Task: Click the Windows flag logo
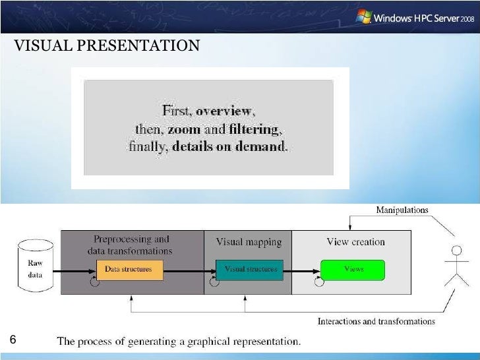click(363, 16)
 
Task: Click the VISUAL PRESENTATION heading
click(106, 45)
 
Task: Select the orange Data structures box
click(129, 269)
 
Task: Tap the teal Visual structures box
click(249, 269)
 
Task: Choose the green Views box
click(353, 269)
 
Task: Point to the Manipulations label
click(402, 210)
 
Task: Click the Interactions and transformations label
click(376, 322)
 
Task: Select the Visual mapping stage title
click(249, 242)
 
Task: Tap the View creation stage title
click(355, 242)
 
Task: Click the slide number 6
click(11, 340)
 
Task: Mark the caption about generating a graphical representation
click(179, 342)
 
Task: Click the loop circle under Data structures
click(95, 282)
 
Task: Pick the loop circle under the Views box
click(320, 282)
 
